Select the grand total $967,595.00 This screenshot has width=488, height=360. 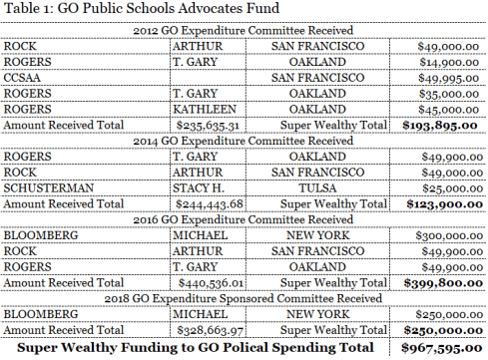point(440,348)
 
